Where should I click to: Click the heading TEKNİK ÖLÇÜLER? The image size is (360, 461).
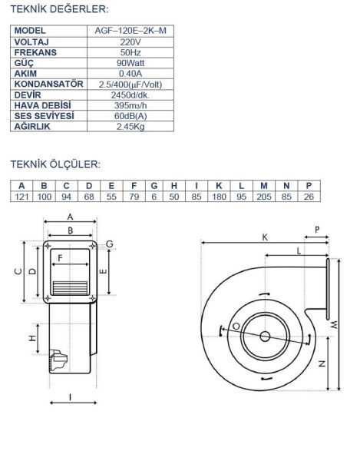55,164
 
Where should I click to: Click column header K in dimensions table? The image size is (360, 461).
220,185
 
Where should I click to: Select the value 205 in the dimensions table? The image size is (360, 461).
264,197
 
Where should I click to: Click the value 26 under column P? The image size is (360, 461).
309,197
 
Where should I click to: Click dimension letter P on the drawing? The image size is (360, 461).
319,228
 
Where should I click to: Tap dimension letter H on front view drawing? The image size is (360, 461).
32,338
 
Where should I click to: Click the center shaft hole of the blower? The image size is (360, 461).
265,336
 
